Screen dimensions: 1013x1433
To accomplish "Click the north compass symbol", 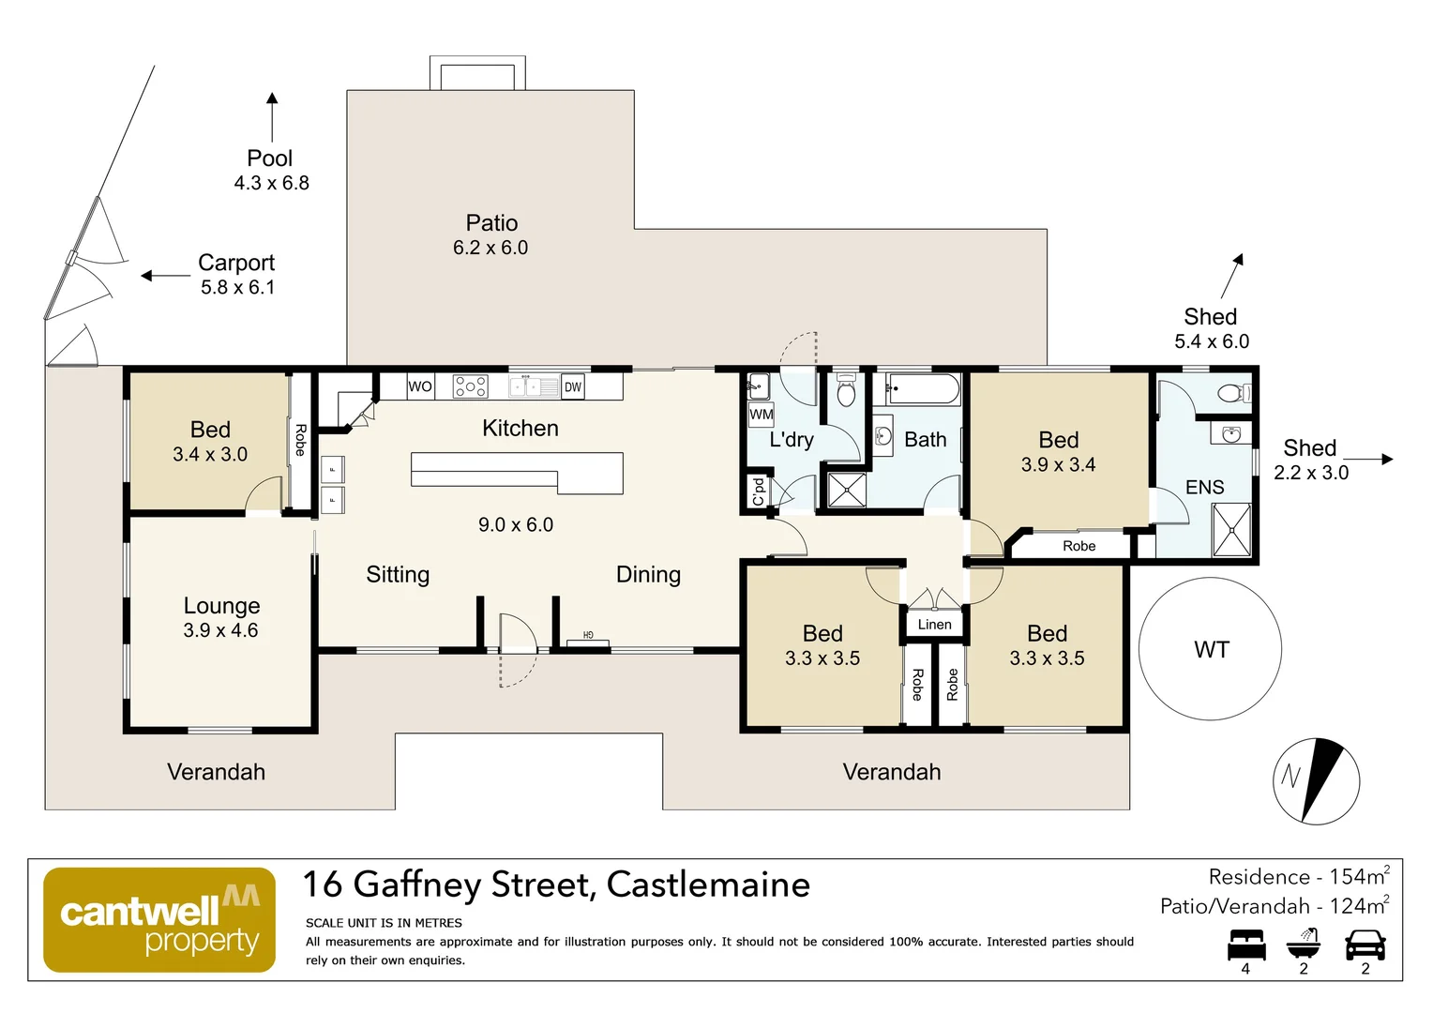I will tap(1316, 781).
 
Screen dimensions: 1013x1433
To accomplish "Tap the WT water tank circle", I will tap(1210, 649).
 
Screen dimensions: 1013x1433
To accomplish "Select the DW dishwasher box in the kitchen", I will tap(572, 386).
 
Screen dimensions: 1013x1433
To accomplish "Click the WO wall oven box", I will tap(419, 386).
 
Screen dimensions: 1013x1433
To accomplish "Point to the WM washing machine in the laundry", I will tap(761, 414).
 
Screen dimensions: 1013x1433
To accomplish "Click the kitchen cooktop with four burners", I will tap(470, 386).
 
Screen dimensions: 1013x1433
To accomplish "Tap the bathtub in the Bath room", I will tap(924, 388).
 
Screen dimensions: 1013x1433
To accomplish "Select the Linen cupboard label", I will tap(934, 625).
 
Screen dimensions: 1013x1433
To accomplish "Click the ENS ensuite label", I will tap(1204, 488).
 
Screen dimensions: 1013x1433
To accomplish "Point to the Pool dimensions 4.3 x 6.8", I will tap(271, 183).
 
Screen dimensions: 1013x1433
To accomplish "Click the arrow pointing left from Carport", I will tap(165, 276).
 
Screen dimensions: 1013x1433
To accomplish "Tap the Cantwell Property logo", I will tap(159, 920).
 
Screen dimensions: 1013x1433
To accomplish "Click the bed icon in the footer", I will tap(1245, 945).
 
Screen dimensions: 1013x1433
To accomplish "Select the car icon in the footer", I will tap(1365, 945).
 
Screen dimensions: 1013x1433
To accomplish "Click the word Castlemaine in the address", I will tap(708, 884).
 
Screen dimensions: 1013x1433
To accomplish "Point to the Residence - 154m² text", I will tap(1298, 877).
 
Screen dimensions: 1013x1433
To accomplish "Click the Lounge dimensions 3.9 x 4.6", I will tap(220, 630).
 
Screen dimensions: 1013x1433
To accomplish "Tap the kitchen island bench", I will tap(516, 471).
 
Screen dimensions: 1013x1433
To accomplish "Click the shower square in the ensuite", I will tap(1231, 530).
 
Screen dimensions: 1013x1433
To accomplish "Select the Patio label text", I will tap(491, 223).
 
